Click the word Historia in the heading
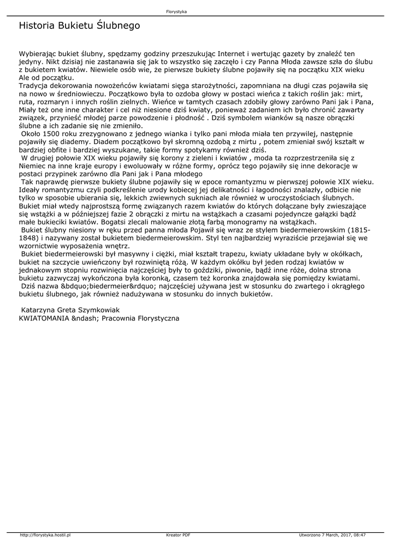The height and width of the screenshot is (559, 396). click(36, 26)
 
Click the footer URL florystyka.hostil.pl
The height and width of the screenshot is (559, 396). click(45, 534)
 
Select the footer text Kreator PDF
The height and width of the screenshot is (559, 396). click(178, 534)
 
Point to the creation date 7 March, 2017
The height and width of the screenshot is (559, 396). click(335, 534)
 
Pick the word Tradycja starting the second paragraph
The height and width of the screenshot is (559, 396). click(35, 86)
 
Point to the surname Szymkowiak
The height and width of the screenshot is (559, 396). click(96, 310)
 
